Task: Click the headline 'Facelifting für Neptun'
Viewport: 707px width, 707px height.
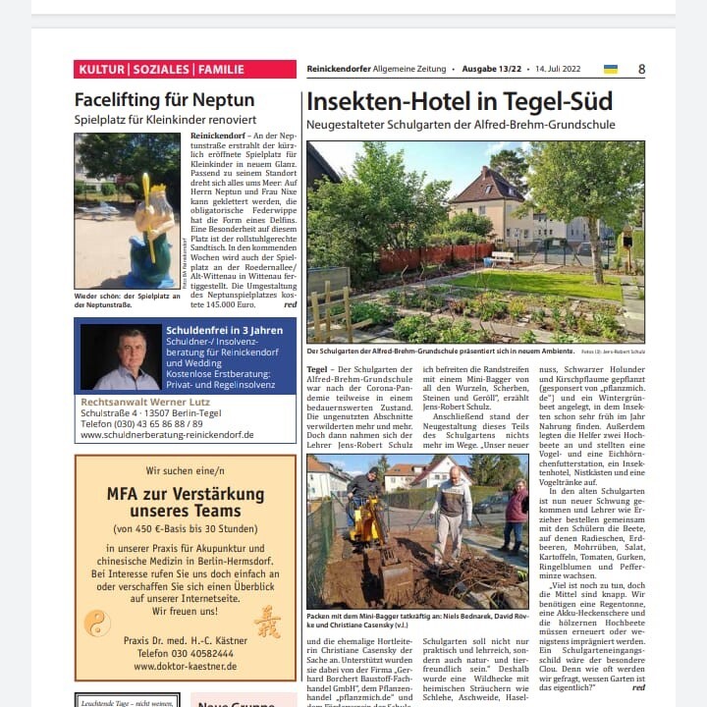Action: point(164,100)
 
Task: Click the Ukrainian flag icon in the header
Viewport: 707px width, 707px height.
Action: point(611,70)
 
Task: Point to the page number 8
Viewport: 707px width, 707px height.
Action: point(641,70)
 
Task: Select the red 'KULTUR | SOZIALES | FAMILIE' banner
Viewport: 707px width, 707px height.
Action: point(185,70)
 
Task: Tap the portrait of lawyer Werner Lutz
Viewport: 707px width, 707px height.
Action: point(122,357)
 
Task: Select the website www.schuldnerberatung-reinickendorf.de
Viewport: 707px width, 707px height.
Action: point(167,434)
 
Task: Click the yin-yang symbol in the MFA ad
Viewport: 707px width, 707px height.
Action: point(98,623)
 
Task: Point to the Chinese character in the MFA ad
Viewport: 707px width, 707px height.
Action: point(266,623)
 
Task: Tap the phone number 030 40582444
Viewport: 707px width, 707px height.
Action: point(185,652)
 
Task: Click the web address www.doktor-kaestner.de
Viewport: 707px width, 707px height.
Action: point(185,666)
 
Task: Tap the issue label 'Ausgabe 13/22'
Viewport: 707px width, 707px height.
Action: point(493,70)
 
